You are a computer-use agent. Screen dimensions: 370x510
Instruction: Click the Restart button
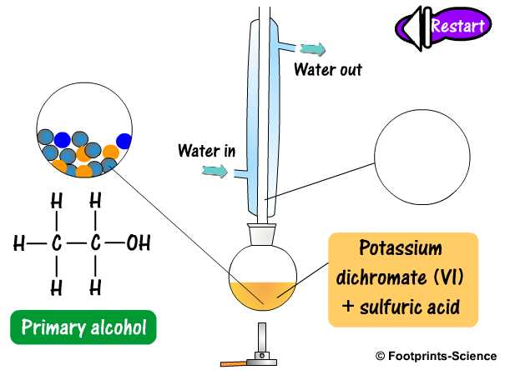coord(457,25)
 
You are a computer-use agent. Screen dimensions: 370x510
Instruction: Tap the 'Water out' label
coord(327,69)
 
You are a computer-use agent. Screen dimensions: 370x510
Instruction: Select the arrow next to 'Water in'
coord(216,172)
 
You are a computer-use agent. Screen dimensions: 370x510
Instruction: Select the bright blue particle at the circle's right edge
coord(125,139)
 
